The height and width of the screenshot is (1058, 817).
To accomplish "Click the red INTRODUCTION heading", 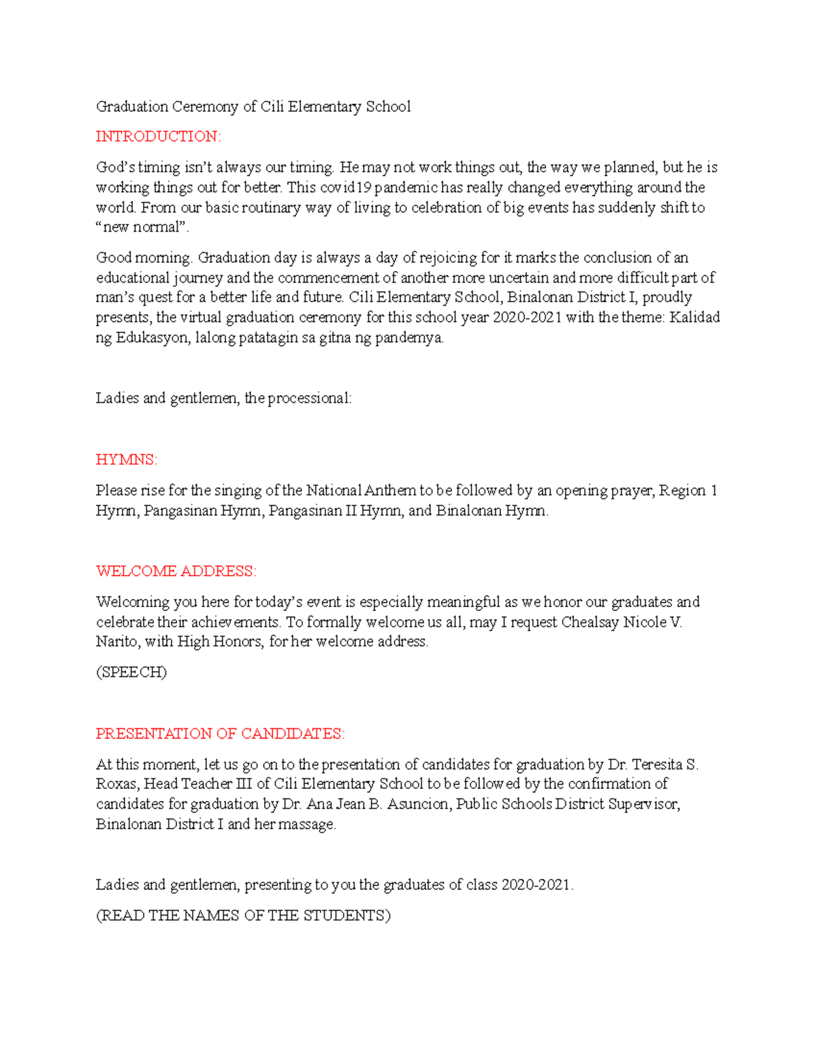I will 158,137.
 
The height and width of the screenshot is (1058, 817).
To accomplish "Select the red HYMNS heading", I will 127,460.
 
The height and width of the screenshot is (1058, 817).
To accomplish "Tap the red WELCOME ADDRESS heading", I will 176,572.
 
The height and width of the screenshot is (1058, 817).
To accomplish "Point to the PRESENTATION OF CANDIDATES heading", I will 220,734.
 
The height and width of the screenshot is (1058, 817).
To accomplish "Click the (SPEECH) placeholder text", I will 131,672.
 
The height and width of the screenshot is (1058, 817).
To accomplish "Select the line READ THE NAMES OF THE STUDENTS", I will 244,916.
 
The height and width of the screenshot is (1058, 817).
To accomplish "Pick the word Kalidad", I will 695,317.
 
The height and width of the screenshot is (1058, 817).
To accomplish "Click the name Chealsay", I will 590,622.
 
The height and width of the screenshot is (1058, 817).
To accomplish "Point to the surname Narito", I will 116,642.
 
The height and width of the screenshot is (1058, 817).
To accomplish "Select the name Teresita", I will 658,764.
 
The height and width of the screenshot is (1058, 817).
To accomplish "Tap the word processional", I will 310,399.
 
